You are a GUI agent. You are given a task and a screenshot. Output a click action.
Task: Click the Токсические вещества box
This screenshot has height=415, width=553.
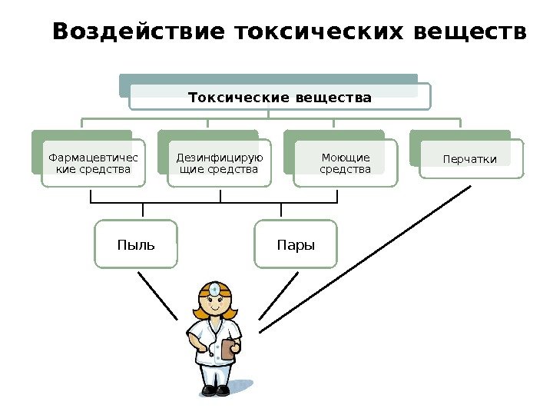pyautogui.click(x=280, y=98)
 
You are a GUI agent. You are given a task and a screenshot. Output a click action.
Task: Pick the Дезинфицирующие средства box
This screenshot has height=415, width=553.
pyautogui.click(x=219, y=163)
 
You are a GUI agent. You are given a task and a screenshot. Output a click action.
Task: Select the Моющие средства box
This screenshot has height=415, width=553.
pyautogui.click(x=345, y=163)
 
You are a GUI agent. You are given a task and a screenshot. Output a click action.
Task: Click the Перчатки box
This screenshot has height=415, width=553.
pyautogui.click(x=470, y=159)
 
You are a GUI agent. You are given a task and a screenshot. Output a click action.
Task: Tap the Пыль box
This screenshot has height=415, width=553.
pyautogui.click(x=136, y=245)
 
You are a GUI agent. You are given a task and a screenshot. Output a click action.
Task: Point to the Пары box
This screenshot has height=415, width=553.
pyautogui.click(x=296, y=245)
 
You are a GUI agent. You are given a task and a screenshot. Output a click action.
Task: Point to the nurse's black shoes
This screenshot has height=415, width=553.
pyautogui.click(x=215, y=390)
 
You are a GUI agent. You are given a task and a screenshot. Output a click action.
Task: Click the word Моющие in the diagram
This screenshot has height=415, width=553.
pyautogui.click(x=345, y=158)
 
